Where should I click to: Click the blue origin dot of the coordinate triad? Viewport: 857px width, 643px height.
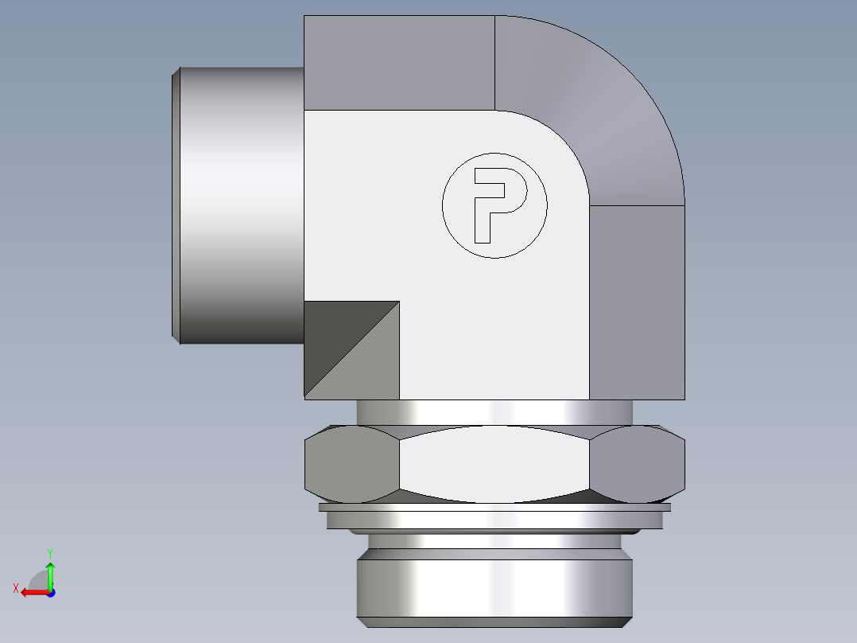(x=50, y=592)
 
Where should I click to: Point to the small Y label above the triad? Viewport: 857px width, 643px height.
(x=49, y=552)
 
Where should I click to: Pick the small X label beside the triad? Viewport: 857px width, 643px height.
(x=16, y=588)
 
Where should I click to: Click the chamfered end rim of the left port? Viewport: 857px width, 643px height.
(x=176, y=205)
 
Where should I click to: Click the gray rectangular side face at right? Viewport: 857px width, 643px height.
(x=637, y=302)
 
